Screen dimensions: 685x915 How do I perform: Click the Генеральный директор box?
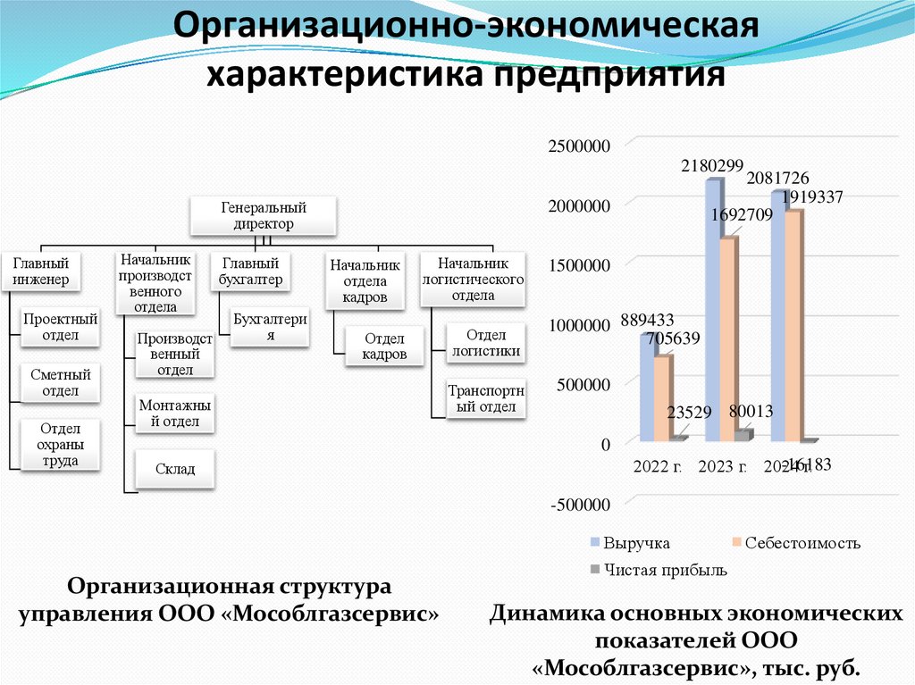(264, 217)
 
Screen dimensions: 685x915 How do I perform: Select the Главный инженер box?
(41, 271)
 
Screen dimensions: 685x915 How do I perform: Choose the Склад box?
(174, 469)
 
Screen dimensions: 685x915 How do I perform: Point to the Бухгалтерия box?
(270, 327)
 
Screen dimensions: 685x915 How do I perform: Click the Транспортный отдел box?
(486, 399)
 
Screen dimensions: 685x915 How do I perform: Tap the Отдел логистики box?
(486, 343)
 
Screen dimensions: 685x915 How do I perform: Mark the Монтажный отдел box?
(175, 414)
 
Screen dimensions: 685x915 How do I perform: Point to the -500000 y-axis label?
(580, 505)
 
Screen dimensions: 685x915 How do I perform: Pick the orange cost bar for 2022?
(661, 398)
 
